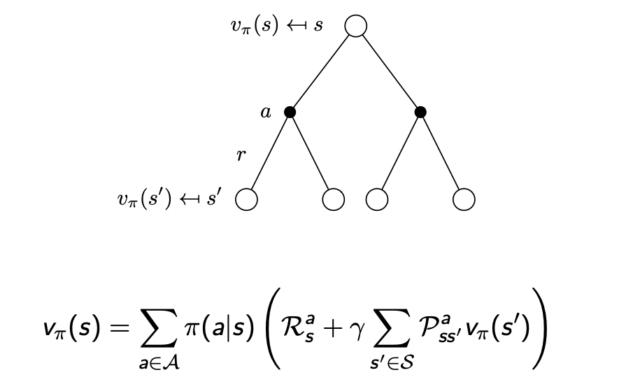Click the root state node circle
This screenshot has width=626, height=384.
click(355, 27)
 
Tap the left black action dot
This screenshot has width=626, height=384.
click(290, 112)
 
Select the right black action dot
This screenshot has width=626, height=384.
click(420, 112)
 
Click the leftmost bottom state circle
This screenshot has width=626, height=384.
click(246, 200)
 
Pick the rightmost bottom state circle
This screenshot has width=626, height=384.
click(464, 200)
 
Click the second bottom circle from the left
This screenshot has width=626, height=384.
click(334, 200)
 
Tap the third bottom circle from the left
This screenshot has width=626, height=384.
click(376, 200)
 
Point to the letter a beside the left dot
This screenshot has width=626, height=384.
click(266, 112)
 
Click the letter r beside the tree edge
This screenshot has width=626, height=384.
click(241, 155)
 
